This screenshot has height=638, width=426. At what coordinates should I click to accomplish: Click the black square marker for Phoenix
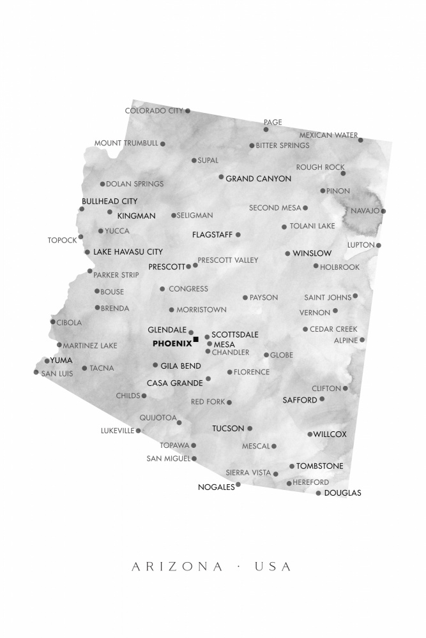(196, 339)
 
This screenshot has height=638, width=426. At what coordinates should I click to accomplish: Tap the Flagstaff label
(212, 235)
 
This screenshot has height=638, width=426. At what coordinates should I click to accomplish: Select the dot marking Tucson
(250, 428)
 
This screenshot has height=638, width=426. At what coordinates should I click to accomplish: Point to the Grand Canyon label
(258, 179)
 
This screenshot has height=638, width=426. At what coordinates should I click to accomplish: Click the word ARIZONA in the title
(178, 567)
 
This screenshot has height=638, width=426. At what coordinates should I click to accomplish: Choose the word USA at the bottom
(273, 567)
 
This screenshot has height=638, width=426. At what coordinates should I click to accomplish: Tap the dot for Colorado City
(188, 111)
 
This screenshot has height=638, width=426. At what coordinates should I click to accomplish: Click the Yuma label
(61, 360)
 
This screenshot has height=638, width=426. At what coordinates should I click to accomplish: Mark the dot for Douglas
(319, 493)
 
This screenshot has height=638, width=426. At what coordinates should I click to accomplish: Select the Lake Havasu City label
(128, 252)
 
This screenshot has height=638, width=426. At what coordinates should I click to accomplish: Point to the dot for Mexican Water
(360, 140)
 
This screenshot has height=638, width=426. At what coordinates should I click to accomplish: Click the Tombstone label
(320, 466)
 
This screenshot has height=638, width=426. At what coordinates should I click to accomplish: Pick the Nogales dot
(238, 484)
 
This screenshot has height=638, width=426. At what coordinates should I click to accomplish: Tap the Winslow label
(312, 253)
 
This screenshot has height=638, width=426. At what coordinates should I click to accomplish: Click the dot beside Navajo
(383, 211)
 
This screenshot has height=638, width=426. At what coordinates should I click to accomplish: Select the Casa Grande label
(174, 383)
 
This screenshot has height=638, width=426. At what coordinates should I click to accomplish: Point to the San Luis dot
(36, 372)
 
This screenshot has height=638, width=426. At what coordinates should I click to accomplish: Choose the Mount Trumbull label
(126, 144)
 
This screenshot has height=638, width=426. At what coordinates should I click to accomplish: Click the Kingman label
(136, 216)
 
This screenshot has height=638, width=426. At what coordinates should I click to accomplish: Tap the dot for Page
(266, 130)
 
